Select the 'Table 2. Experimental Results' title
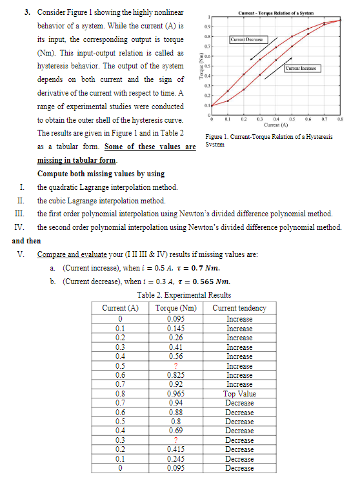tap(180, 296)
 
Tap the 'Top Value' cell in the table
tap(239, 393)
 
